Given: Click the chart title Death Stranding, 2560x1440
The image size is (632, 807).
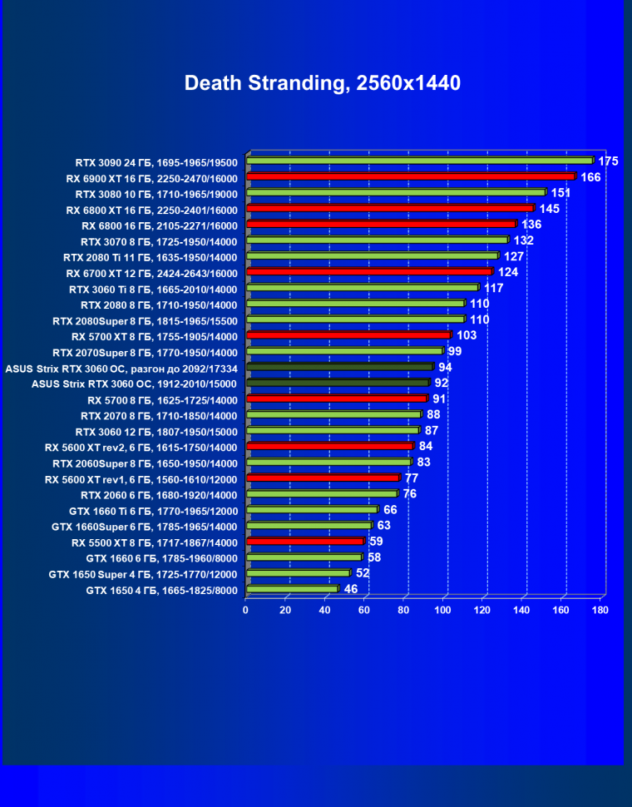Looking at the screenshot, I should coord(322,83).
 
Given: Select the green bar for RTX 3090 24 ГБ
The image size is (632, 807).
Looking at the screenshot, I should coord(420,161).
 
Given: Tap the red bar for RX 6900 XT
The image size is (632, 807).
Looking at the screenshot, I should coord(412,177).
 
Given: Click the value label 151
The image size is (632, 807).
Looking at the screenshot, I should coord(560,193).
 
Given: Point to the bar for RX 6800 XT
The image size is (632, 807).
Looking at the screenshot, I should coord(391,209).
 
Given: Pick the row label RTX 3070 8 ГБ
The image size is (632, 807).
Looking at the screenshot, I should coord(159,241).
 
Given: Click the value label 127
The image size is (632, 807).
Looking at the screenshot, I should coord(514,256).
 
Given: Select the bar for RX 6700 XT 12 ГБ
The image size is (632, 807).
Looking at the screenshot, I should coord(370,272).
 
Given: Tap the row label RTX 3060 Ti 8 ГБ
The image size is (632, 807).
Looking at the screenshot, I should coord(154,290).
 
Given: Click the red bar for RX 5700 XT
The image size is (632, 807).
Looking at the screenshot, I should coord(349,335).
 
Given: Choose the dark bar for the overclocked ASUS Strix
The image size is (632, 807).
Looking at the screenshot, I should coord(340,367).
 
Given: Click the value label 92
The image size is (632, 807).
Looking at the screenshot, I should coord(442,384).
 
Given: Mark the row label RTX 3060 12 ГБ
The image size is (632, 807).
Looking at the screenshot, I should coord(156,432).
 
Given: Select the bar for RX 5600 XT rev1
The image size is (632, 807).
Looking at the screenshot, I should coord(323,478).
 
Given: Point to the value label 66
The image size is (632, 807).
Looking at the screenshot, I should coord(390,509).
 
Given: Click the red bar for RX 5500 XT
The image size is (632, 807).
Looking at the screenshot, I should coord(305,542).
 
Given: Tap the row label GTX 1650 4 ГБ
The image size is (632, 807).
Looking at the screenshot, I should coord(162,591).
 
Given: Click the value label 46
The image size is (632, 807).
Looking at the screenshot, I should coord(351,589).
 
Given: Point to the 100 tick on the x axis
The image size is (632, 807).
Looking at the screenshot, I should coord(442,610).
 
